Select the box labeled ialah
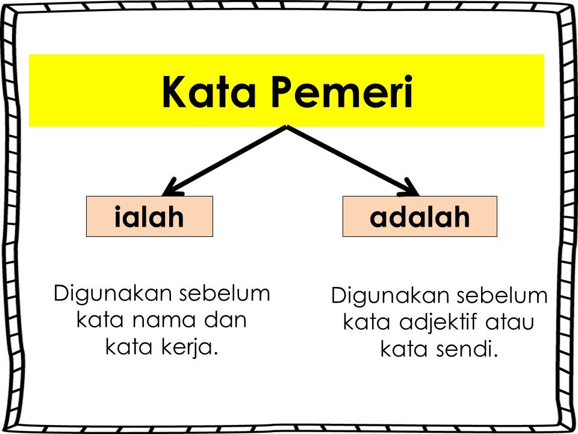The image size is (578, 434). (x=149, y=216)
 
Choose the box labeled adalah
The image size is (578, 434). (x=420, y=216)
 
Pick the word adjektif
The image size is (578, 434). (x=436, y=322)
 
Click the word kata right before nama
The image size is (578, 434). (x=99, y=319)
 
